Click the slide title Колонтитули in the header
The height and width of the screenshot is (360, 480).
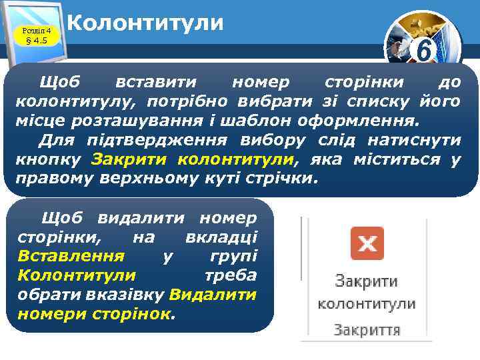tap(145, 23)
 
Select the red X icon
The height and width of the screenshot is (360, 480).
tap(367, 243)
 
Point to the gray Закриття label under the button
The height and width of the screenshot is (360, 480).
tap(366, 329)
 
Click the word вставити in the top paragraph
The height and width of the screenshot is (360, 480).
tap(155, 82)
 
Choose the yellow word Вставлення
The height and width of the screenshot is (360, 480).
tap(71, 256)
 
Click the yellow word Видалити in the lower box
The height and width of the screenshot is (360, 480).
tap(213, 294)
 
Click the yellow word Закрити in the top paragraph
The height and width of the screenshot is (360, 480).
tap(131, 159)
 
